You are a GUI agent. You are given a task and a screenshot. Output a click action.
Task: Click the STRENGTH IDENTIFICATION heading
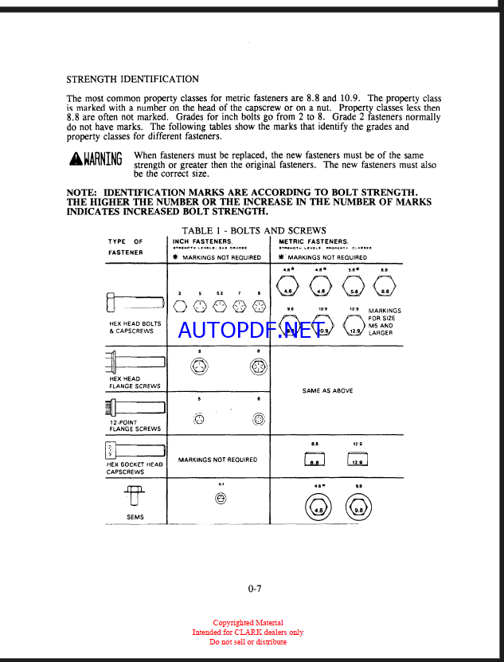[x=132, y=80]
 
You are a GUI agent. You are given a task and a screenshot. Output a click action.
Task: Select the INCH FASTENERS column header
[x=203, y=241]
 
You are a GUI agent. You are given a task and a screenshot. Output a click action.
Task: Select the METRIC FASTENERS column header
[x=314, y=241]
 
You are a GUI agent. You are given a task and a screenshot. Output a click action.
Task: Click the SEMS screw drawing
[x=134, y=496]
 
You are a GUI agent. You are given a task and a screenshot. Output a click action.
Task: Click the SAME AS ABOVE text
[x=327, y=391]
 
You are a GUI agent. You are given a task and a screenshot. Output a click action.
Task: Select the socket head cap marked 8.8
[x=315, y=459]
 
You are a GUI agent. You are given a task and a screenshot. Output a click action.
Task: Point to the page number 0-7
[x=255, y=589]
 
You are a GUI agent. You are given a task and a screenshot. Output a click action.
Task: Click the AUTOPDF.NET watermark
[x=250, y=330]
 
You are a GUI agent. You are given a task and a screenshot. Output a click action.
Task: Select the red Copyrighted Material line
[x=248, y=623]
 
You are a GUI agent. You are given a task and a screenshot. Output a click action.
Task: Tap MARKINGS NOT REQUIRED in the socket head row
[x=217, y=460]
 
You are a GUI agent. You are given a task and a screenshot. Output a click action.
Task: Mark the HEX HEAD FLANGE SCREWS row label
[x=135, y=382]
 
